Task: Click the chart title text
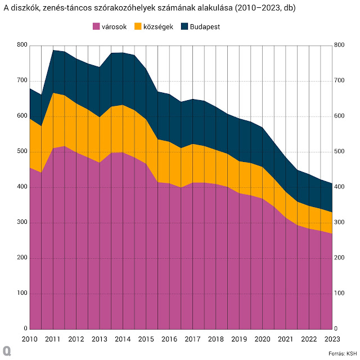point(150,8)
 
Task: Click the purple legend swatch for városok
point(96,26)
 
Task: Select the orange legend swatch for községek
point(139,26)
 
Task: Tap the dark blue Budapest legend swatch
point(184,26)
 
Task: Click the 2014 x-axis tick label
point(122,339)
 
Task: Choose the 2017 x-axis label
point(192,339)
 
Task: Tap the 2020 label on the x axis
point(262,339)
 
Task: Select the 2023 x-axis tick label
point(332,339)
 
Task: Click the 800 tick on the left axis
point(21,45)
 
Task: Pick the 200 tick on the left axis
point(21,258)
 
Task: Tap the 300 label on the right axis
point(339,223)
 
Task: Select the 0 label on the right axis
point(336,329)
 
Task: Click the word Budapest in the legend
point(205,26)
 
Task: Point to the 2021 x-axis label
point(285,339)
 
